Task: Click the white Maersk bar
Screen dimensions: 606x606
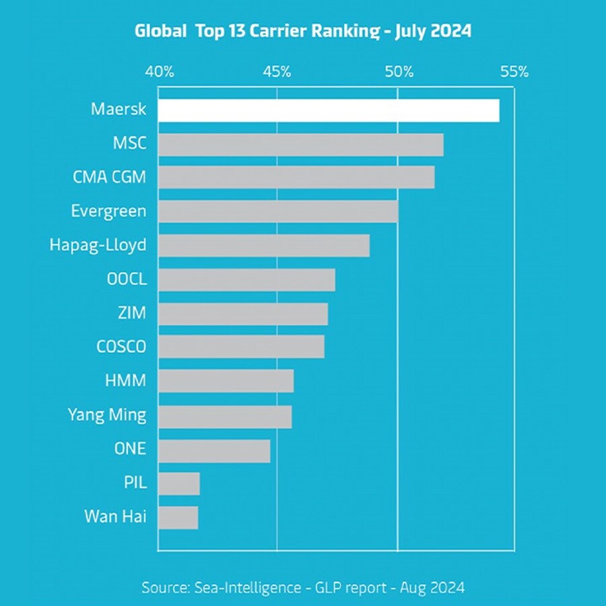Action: tap(329, 111)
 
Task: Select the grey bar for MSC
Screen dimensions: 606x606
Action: tap(300, 145)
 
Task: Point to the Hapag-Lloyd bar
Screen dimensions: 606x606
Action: tap(263, 246)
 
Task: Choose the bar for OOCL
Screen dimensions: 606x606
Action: tap(246, 279)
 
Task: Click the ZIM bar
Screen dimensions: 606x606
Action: tap(242, 314)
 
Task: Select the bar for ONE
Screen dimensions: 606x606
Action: tap(214, 450)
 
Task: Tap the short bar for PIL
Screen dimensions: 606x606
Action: tap(179, 483)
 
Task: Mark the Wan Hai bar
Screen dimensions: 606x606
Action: tap(178, 518)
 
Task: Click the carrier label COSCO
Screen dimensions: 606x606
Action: tap(121, 347)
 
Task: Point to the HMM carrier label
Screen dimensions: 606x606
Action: tap(125, 381)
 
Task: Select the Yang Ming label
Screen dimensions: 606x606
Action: tap(107, 415)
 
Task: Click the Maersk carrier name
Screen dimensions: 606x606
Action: tap(119, 109)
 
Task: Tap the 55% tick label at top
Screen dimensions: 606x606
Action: tap(514, 71)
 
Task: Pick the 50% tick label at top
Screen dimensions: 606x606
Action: tap(398, 71)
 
